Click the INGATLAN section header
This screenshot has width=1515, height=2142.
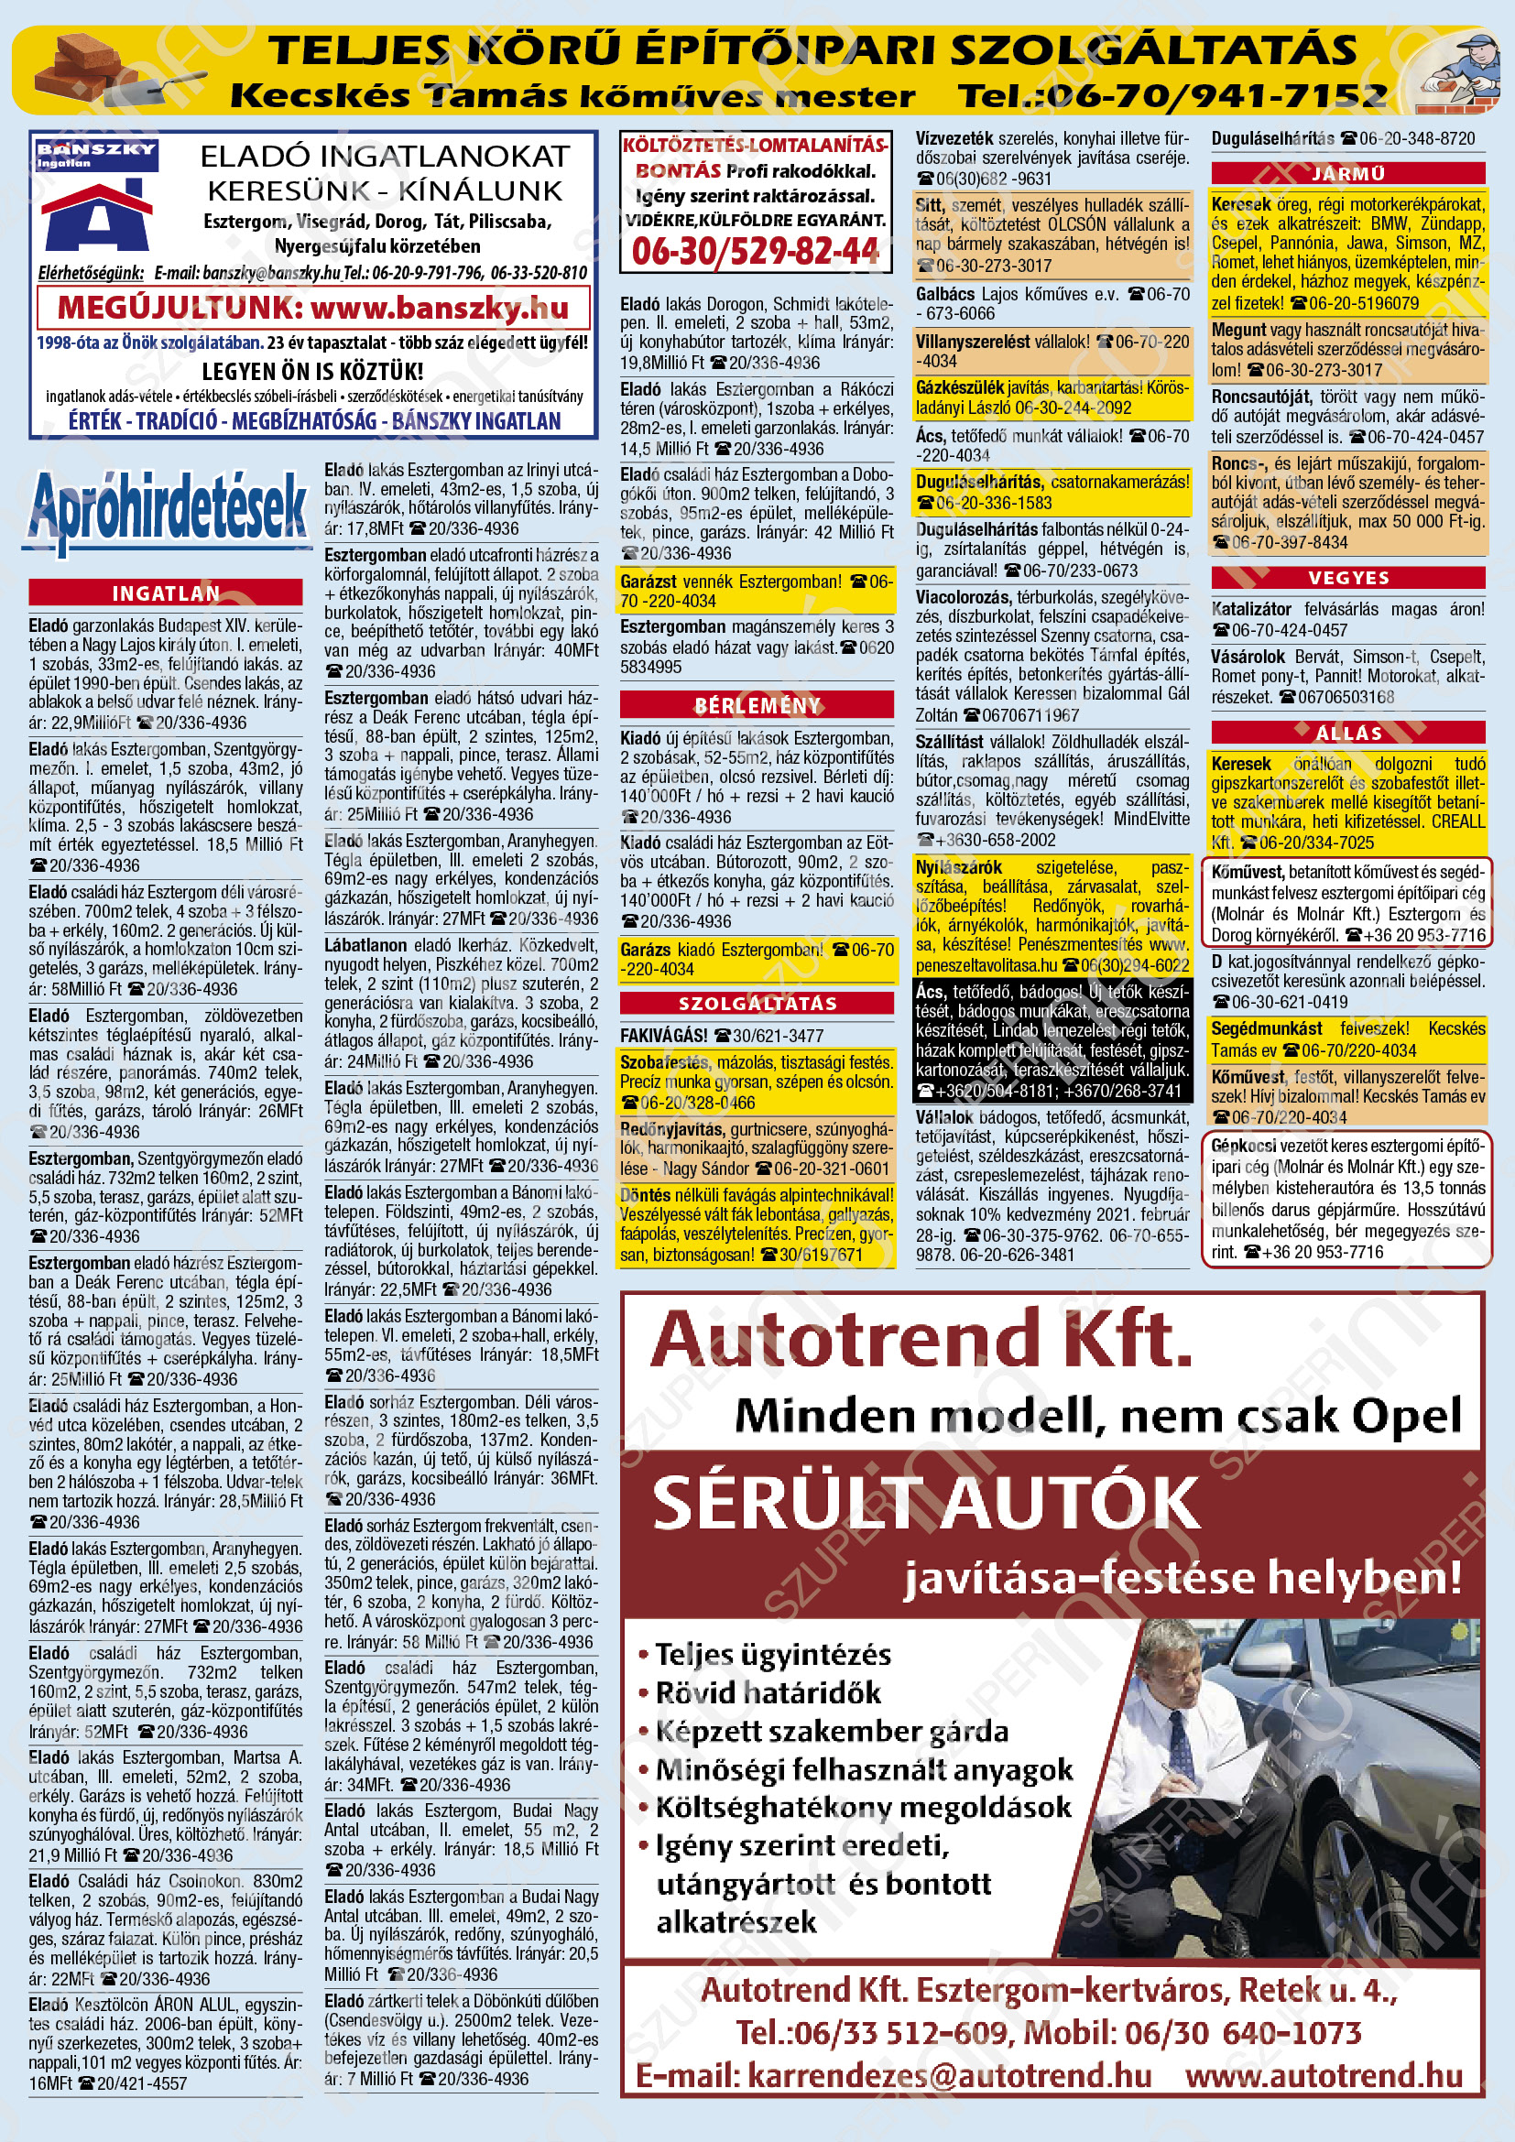(165, 593)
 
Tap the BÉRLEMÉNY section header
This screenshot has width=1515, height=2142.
(757, 705)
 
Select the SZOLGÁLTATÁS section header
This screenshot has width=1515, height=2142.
(757, 1003)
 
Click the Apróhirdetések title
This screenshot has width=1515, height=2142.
(168, 508)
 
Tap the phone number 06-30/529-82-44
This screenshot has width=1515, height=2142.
(755, 251)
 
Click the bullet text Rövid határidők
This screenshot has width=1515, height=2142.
(768, 1693)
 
